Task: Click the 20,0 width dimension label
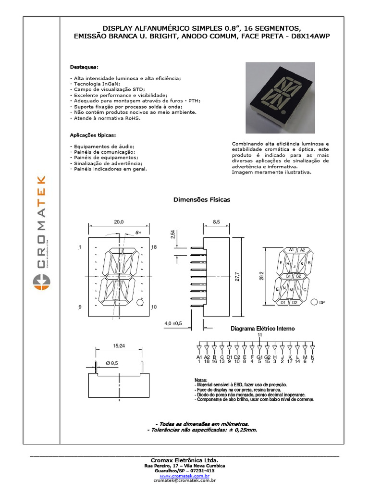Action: point(119,222)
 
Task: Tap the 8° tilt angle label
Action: point(138,232)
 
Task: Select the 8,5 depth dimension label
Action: point(216,222)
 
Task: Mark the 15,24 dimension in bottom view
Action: point(119,345)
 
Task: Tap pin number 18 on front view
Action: point(154,247)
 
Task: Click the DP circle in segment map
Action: point(314,302)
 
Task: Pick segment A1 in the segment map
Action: point(291,250)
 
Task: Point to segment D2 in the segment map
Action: point(295,303)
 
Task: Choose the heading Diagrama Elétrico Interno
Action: point(263,329)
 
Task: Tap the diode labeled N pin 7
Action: point(312,347)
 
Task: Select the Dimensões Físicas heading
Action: point(201,199)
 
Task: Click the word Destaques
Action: point(84,67)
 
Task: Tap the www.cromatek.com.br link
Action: point(184,476)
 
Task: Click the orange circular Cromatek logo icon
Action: point(41,282)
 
